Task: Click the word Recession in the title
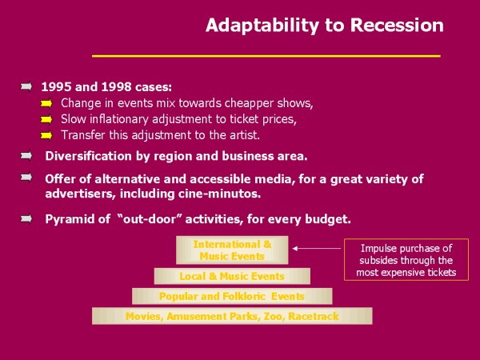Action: click(397, 25)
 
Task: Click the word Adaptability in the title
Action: click(262, 26)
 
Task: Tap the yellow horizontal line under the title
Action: click(266, 56)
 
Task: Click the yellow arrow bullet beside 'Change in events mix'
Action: click(46, 104)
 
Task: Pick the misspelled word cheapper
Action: click(249, 103)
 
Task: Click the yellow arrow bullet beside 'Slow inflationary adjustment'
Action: click(46, 119)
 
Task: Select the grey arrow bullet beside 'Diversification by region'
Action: click(26, 155)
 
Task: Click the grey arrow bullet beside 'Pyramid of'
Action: click(26, 218)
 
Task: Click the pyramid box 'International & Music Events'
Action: click(232, 250)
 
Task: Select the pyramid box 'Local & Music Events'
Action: click(232, 276)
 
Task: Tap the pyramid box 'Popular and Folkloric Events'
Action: click(232, 296)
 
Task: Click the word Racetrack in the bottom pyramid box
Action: click(314, 316)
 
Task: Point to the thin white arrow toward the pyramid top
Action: click(317, 248)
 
